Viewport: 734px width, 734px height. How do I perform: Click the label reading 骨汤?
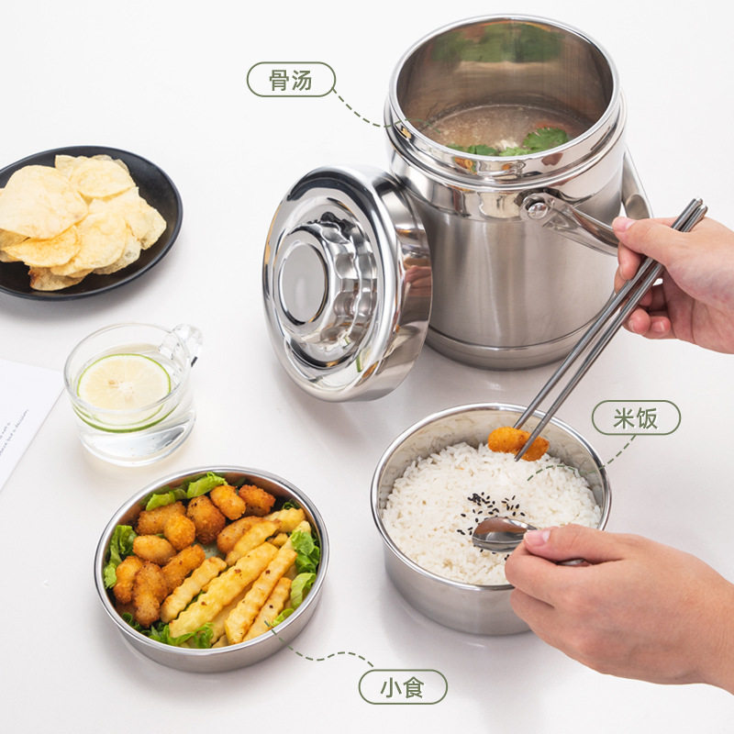point(291,80)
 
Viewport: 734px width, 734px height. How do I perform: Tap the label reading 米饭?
point(635,417)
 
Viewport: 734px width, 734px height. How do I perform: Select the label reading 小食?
point(403,686)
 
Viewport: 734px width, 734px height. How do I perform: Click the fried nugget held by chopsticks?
point(517,441)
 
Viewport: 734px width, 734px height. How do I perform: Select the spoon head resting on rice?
point(500,534)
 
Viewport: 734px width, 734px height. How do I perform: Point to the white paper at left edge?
point(23,413)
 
